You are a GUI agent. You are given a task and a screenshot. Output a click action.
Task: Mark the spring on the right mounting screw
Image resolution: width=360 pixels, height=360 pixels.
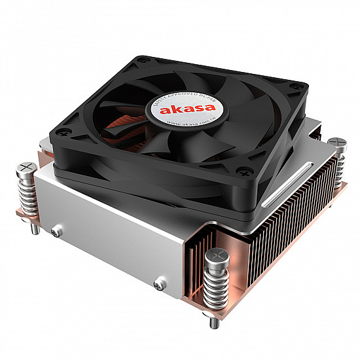339,167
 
